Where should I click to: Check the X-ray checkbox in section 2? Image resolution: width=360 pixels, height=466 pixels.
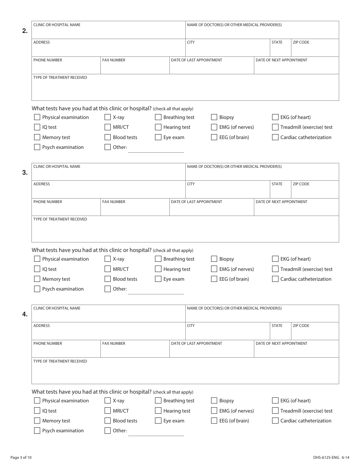click(x=108, y=117)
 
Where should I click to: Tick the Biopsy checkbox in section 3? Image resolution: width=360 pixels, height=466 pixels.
click(x=214, y=259)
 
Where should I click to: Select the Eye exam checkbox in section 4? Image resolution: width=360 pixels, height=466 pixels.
click(x=158, y=421)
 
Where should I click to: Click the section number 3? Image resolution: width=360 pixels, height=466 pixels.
click(x=25, y=173)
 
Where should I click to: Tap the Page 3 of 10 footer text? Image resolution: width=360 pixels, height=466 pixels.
click(x=21, y=458)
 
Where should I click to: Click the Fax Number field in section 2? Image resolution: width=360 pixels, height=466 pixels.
click(x=135, y=67)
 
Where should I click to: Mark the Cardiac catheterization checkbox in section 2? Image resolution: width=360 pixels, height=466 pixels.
click(x=275, y=137)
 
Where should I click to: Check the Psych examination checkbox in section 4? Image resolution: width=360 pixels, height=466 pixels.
click(x=37, y=430)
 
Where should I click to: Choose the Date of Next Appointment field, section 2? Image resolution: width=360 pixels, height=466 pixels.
click(x=296, y=67)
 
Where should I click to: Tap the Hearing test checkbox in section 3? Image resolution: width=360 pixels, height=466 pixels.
click(x=158, y=269)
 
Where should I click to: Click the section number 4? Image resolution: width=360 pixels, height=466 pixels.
click(x=25, y=314)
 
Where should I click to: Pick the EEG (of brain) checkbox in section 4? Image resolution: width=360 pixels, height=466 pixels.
click(x=214, y=421)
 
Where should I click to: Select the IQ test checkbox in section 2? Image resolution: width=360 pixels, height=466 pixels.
click(x=37, y=127)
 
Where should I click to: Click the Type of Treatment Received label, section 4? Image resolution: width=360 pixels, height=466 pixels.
click(x=60, y=361)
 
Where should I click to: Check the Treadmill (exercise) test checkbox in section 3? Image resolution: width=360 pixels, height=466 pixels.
click(x=275, y=269)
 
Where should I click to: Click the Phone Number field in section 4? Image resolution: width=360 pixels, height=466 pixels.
click(x=66, y=350)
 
